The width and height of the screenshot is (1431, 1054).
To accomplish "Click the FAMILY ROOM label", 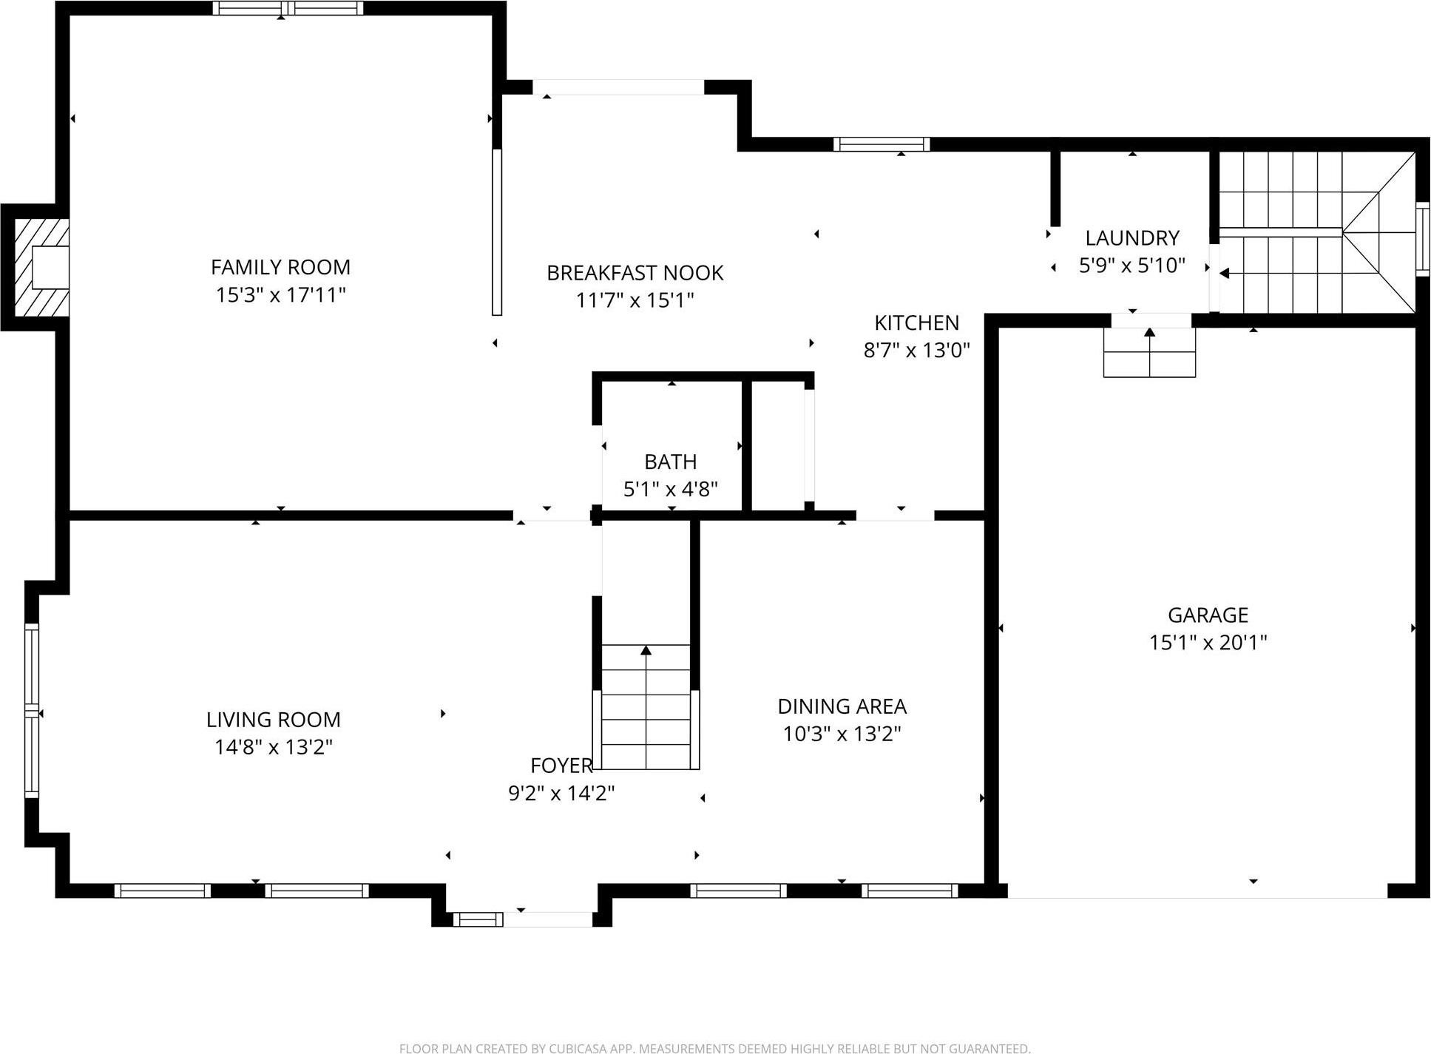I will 280,267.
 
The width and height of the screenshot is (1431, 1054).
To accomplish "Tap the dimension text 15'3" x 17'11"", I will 280,295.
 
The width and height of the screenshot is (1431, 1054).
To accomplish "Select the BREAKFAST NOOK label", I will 635,273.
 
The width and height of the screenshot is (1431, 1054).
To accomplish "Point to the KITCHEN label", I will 916,322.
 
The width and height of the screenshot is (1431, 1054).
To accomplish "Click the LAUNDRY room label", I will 1131,238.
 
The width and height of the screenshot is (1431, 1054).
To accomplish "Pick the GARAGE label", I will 1208,615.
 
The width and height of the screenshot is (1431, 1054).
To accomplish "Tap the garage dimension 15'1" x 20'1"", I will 1208,642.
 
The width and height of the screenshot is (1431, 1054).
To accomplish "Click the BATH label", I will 670,462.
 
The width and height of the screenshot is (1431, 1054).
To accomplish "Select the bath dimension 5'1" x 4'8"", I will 670,489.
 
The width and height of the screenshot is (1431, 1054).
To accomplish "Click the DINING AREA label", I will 842,706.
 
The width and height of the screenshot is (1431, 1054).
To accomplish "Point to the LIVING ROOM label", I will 273,720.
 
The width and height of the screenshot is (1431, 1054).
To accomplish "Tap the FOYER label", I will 561,766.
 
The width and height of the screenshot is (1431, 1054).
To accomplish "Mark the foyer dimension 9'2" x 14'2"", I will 561,794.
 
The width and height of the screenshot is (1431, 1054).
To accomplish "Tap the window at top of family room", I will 288,9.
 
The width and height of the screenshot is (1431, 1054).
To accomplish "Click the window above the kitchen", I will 882,144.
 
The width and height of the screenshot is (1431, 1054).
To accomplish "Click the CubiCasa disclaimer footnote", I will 714,1047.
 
